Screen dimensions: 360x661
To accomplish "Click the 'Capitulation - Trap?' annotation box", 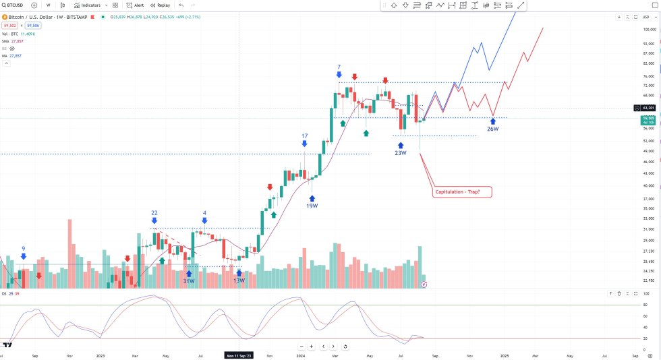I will pyautogui.click(x=463, y=192).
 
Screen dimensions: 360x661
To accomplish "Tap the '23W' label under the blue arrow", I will pyautogui.click(x=401, y=152).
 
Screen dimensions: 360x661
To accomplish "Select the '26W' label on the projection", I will pyautogui.click(x=493, y=129).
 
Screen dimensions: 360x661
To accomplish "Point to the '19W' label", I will pyautogui.click(x=312, y=206).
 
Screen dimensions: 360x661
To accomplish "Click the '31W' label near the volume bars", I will pyautogui.click(x=189, y=281).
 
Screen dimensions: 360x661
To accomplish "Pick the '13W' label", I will pyautogui.click(x=239, y=280).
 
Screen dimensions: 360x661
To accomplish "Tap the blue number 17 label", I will pyautogui.click(x=305, y=136).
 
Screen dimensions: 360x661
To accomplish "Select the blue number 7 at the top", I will pyautogui.click(x=339, y=67).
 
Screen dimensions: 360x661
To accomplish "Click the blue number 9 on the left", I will pyautogui.click(x=24, y=248).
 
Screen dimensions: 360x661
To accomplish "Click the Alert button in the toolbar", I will pyautogui.click(x=134, y=5).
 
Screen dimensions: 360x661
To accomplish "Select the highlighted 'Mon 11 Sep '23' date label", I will pyautogui.click(x=239, y=355).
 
